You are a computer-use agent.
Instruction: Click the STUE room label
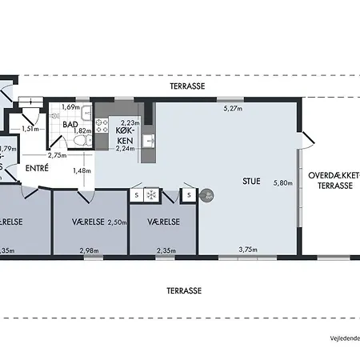(251, 181)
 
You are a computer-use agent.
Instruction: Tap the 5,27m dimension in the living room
(233, 108)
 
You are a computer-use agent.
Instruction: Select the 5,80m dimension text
(282, 183)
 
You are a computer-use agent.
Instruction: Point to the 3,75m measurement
(249, 250)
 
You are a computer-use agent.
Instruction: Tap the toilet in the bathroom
(78, 142)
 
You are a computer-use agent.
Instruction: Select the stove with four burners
(102, 124)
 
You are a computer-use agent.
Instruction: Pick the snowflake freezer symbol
(151, 194)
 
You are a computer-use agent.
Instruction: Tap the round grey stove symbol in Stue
(206, 195)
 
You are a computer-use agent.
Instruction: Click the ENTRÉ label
(36, 168)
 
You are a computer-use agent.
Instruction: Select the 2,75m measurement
(57, 155)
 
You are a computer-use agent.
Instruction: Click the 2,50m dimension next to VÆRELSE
(118, 222)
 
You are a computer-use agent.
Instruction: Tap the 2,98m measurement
(90, 250)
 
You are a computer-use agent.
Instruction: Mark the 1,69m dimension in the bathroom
(70, 106)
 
